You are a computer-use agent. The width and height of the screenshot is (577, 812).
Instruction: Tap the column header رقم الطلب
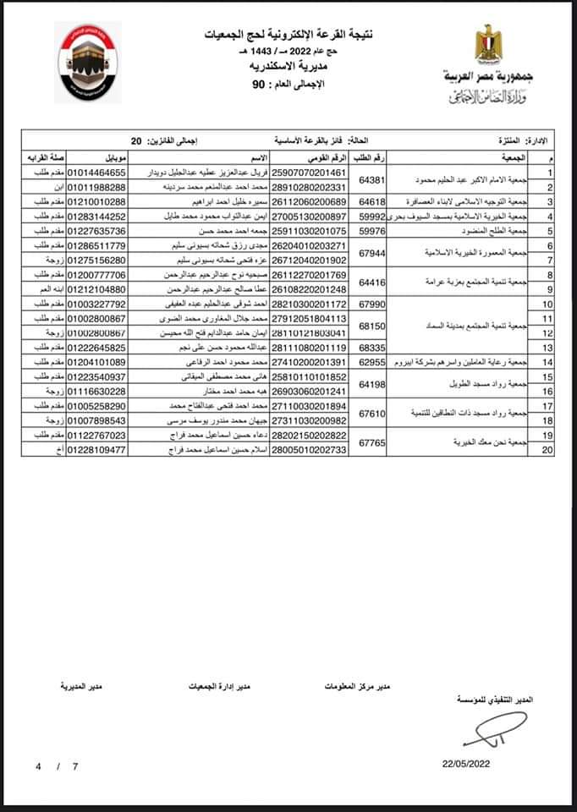[373, 158]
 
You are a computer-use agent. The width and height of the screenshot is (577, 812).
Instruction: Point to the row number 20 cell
[548, 450]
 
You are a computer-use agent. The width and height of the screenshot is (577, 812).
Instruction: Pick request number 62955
[372, 362]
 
